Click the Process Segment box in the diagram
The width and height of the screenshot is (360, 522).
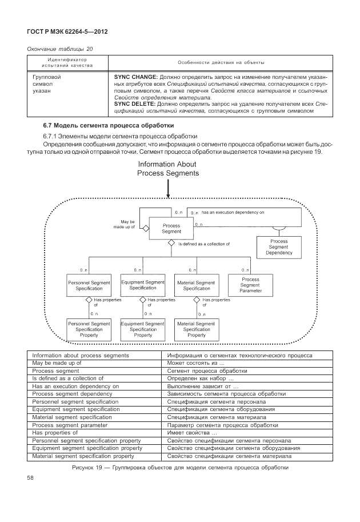pyautogui.click(x=171, y=229)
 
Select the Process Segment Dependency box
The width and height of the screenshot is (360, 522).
pyautogui.click(x=279, y=247)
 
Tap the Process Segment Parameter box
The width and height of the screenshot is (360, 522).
pyautogui.click(x=250, y=285)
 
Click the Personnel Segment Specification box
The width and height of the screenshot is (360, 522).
pyautogui.click(x=85, y=285)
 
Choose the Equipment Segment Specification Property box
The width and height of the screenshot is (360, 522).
pyautogui.click(x=143, y=329)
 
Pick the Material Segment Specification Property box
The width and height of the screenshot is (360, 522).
pyautogui.click(x=197, y=329)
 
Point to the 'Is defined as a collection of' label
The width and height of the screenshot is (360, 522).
pyautogui.click(x=204, y=244)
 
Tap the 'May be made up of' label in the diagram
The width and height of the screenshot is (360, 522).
pyautogui.click(x=127, y=224)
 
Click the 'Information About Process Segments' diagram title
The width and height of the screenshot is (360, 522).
pyautogui.click(x=168, y=169)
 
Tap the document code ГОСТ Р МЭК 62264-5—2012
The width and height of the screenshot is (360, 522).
pyautogui.click(x=67, y=31)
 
